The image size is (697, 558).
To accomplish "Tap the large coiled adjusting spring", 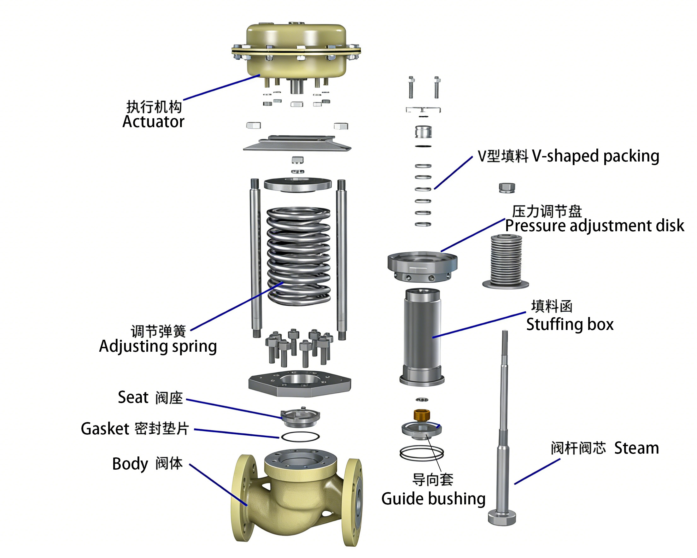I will click(298, 256).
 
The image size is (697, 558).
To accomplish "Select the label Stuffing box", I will click(570, 324).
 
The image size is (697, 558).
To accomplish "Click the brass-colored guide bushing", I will click(422, 414).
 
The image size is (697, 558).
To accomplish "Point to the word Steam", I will click(636, 448).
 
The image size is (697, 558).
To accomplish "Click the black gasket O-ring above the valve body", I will click(300, 437).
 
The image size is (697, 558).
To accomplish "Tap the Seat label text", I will click(133, 397).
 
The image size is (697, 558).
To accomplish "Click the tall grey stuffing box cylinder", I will click(422, 336).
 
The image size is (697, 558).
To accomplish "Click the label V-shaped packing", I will click(595, 156).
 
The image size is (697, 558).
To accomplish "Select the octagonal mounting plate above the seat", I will click(299, 383).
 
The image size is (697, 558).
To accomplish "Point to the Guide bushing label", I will click(433, 498).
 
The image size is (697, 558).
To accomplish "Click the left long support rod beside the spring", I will click(255, 259).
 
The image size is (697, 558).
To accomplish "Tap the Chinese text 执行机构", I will click(154, 107).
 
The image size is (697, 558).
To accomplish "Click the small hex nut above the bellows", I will click(507, 187).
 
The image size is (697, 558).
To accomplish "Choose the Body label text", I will click(130, 464).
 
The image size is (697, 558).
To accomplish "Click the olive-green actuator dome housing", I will click(296, 49).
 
